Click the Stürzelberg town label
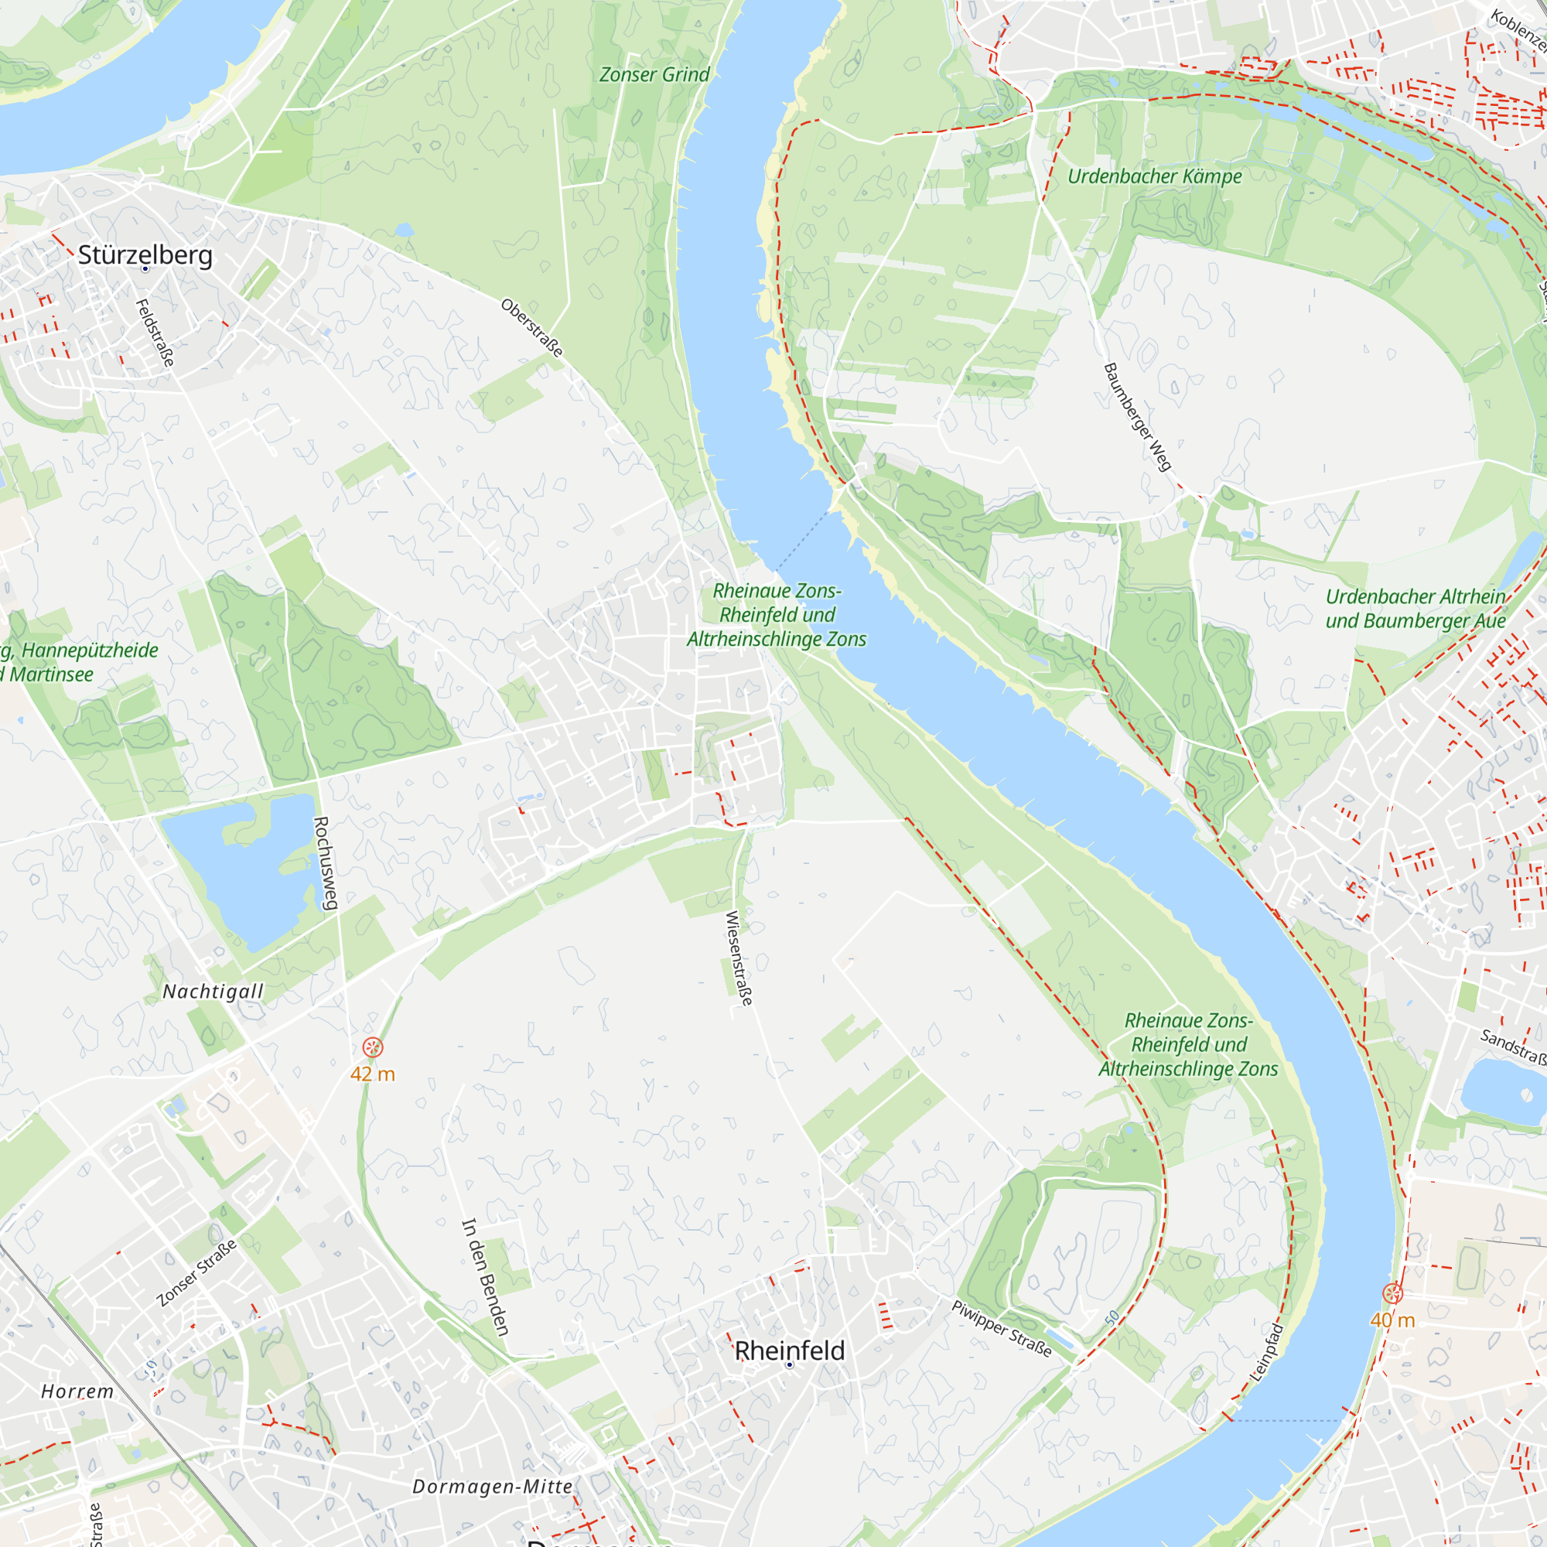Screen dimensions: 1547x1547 pos(145,255)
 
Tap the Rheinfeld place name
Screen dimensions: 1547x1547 pos(790,1350)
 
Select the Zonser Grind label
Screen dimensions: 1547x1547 pos(654,74)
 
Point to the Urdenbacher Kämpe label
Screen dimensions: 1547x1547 pos(1154,176)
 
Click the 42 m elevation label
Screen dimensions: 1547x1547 pos(372,1074)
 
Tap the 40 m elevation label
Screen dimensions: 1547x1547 pos(1392,1320)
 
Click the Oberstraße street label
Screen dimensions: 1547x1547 pos(531,327)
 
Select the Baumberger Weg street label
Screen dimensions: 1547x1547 pos(1137,416)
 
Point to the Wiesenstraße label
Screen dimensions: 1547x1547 pos(738,958)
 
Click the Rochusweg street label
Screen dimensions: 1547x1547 pos(323,862)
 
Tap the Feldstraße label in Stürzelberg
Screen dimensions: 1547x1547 pos(155,333)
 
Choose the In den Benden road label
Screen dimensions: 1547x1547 pos(484,1276)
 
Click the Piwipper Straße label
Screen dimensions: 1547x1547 pos(1001,1328)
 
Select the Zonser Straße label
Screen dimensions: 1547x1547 pos(197,1272)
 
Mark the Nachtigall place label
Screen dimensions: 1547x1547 pos(213,992)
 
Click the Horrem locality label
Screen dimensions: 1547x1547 pos(77,1391)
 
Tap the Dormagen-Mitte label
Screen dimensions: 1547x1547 pos(493,1486)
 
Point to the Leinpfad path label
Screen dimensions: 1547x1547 pos(1267,1352)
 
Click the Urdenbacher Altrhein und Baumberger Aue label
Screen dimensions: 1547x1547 pos(1415,609)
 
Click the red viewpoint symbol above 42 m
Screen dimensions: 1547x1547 pos(372,1047)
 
